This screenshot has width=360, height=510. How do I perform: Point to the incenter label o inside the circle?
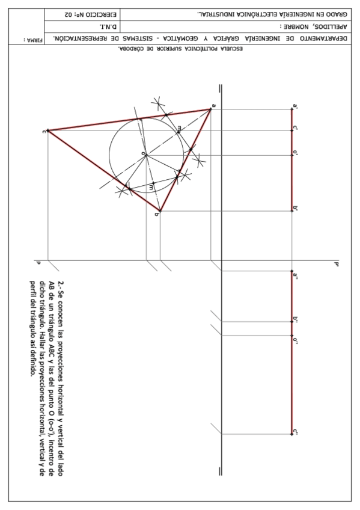pos(142,154)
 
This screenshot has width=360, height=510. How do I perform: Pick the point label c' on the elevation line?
pos(296,128)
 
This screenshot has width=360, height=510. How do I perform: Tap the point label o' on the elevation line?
pos(296,153)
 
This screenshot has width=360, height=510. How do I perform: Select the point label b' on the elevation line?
pos(296,208)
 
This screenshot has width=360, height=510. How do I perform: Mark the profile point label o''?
pos(296,340)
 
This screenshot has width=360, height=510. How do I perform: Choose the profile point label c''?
pos(296,431)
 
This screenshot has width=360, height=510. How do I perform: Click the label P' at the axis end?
pos(337,263)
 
